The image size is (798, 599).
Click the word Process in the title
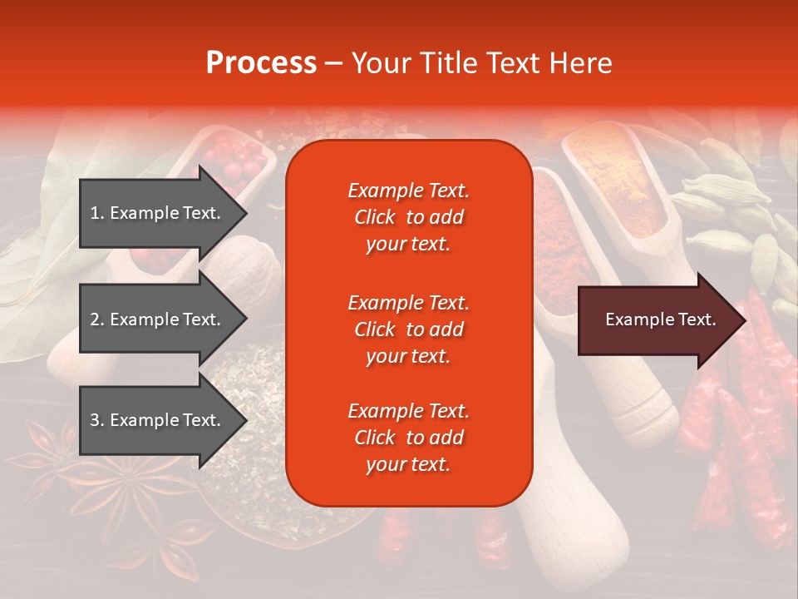pos(261,63)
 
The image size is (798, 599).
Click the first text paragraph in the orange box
pos(408,217)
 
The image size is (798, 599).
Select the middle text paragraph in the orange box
pos(408,329)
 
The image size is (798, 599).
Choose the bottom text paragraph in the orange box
pos(408,438)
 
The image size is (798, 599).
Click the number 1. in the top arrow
pos(97,213)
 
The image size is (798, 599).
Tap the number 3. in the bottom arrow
pos(97,420)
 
